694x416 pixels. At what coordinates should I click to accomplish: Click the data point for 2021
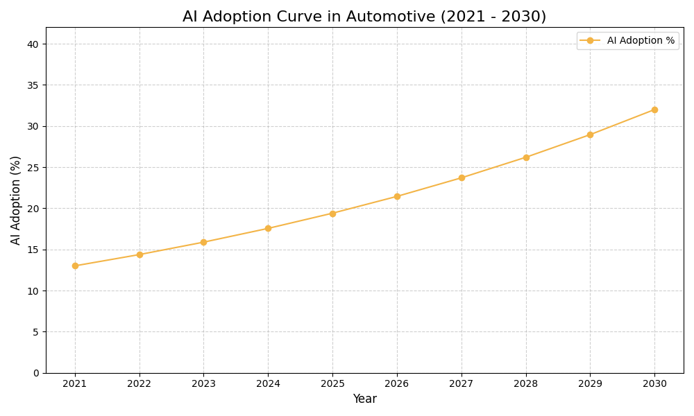tap(75, 266)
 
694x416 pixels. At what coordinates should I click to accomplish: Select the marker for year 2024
tap(268, 228)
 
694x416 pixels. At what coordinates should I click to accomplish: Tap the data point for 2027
tap(462, 177)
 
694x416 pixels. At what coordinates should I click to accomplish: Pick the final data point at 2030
tap(654, 110)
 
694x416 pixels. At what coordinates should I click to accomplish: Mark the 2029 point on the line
tap(590, 135)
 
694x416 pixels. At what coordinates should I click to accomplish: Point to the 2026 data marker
tap(397, 196)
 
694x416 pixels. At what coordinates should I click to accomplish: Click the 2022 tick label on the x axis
tap(139, 383)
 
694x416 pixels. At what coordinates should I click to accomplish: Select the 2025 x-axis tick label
tap(332, 383)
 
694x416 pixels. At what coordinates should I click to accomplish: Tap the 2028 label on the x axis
tap(526, 383)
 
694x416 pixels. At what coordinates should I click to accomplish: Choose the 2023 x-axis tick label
tap(203, 383)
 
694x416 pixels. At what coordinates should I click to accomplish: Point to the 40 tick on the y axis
tap(33, 44)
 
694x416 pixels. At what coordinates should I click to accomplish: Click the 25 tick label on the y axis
tap(33, 168)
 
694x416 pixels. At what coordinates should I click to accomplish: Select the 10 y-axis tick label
tap(33, 291)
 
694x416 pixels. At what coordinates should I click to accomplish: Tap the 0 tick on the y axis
tap(36, 373)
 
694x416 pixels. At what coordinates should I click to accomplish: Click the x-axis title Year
tap(364, 399)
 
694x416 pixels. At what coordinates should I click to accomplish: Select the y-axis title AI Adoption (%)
tap(16, 200)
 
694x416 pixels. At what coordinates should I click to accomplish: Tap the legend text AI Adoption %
tap(641, 41)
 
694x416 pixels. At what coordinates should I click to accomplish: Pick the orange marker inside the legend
tap(590, 41)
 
